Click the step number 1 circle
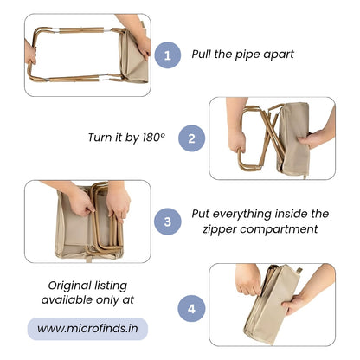[168, 55]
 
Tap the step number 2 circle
[191, 138]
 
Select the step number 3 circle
[168, 222]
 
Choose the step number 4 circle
[191, 309]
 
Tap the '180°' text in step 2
[154, 138]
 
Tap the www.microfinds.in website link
[87, 329]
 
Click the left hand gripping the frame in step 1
[29, 53]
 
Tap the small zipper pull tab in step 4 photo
[299, 271]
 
